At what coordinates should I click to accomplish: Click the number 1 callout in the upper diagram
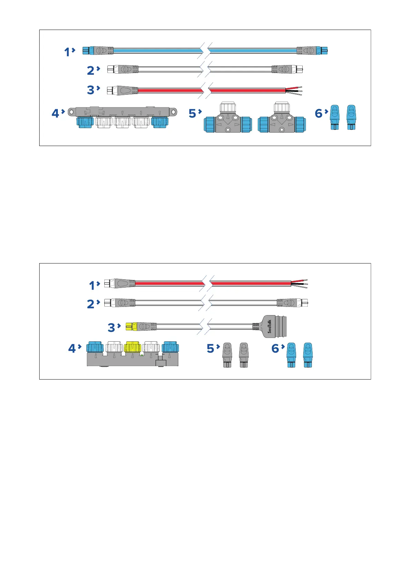click(x=67, y=52)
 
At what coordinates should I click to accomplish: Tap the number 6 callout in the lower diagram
click(x=275, y=348)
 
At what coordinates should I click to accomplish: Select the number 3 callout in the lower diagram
click(x=111, y=327)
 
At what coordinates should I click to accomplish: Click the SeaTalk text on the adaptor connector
click(x=270, y=326)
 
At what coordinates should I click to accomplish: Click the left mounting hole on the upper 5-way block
click(x=71, y=111)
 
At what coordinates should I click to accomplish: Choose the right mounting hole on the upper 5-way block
click(x=174, y=111)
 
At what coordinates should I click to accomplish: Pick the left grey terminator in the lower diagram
click(x=227, y=355)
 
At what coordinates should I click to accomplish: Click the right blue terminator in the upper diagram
click(x=351, y=117)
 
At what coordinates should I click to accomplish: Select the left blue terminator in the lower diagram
click(x=291, y=355)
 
